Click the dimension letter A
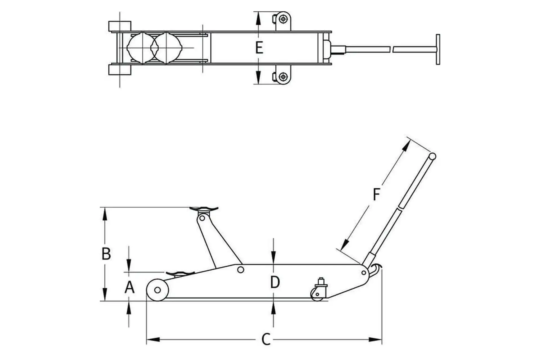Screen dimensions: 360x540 [129, 287]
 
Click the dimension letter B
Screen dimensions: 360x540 [106, 254]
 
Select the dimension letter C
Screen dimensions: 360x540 [266, 339]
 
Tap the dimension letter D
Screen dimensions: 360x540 [275, 282]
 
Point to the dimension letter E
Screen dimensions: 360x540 [259, 48]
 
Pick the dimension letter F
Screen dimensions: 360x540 [376, 194]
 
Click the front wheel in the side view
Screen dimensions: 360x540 [157, 290]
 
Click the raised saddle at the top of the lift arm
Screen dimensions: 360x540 [204, 209]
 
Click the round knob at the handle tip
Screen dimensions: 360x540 [432, 156]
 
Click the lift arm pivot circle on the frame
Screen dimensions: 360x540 [240, 270]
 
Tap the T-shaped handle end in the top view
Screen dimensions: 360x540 [438, 49]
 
